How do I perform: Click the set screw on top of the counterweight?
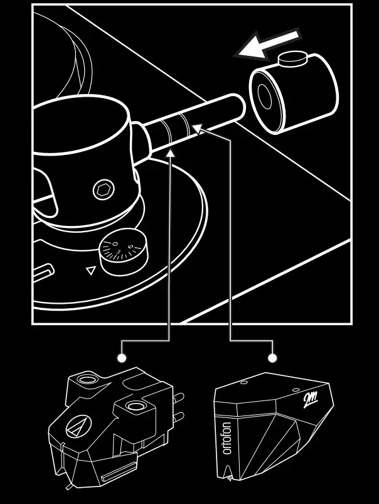point(292,60)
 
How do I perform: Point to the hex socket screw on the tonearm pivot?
point(102,190)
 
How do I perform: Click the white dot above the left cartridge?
point(122,358)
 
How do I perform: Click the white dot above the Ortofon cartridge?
point(272,358)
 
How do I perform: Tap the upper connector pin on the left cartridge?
point(179,397)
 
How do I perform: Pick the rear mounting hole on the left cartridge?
point(86,380)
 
